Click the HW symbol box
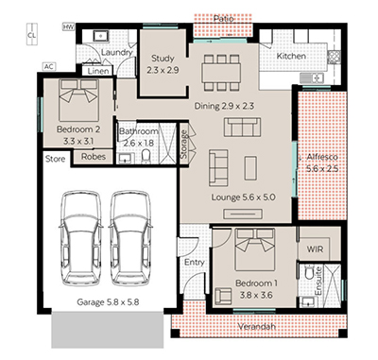tap(68, 27)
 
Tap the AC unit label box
tap(48, 67)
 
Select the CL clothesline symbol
tap(31, 34)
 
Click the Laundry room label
tap(116, 52)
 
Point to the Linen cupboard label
tap(98, 71)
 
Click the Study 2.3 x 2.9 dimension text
tap(163, 70)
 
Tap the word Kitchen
tap(291, 56)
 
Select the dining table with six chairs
tap(221, 73)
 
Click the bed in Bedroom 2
tap(78, 100)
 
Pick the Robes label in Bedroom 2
tap(94, 157)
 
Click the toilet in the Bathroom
tap(146, 156)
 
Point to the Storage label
tap(183, 145)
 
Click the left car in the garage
tap(81, 238)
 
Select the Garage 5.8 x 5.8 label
tap(108, 302)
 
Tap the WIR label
tap(315, 249)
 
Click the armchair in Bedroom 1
tap(223, 296)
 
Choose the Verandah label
tap(256, 327)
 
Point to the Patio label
tap(223, 19)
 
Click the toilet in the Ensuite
tap(309, 272)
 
